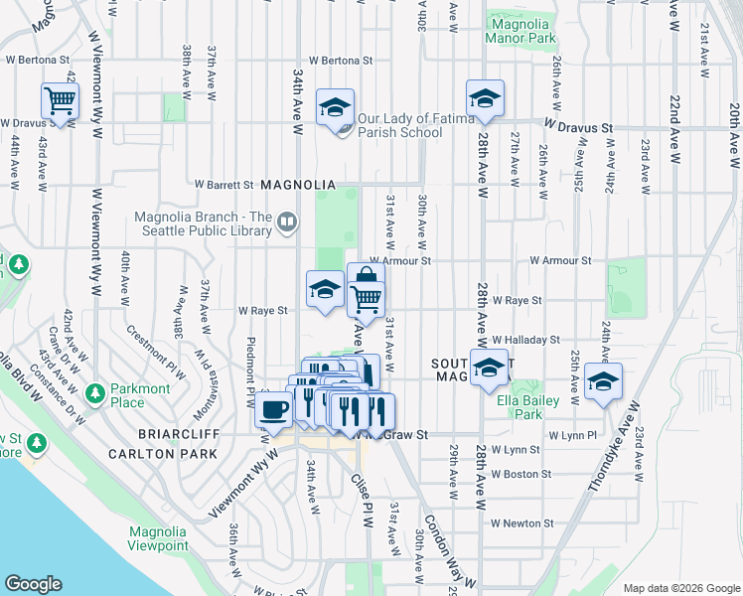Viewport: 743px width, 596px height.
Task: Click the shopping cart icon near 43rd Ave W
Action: (x=60, y=100)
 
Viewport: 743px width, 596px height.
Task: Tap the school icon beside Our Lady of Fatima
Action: (x=336, y=105)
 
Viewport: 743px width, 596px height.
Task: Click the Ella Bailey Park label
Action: (x=527, y=401)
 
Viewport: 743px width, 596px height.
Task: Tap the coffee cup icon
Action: (x=273, y=408)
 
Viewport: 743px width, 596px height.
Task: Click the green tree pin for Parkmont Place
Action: (x=94, y=393)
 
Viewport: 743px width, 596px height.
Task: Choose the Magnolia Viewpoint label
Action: (x=158, y=538)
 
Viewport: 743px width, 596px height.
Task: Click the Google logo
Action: (x=33, y=584)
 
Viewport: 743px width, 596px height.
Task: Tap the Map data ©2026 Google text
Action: (x=680, y=588)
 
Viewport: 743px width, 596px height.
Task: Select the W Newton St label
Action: (x=522, y=523)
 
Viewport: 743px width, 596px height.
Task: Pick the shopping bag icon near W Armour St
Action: (x=366, y=278)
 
